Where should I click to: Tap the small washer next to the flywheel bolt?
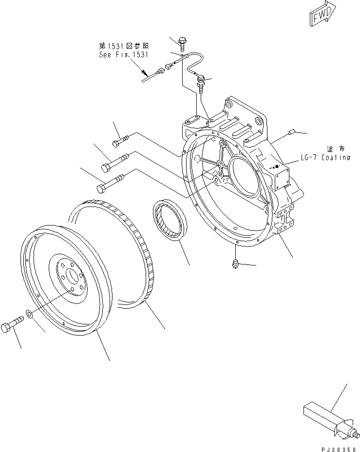tap(30, 314)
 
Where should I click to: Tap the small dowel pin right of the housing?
tap(292, 131)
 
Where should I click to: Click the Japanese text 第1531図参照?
tap(124, 46)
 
